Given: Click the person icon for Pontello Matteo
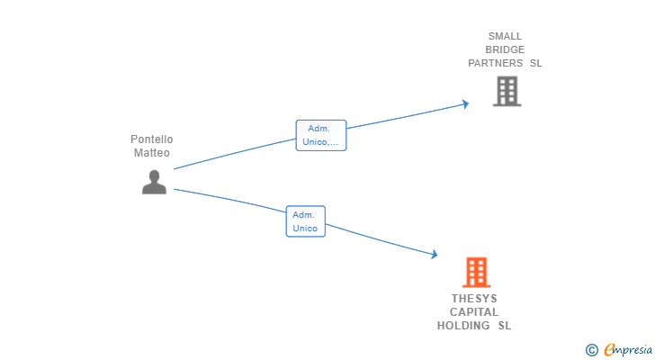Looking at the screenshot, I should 154,182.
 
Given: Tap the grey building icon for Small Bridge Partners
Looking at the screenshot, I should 507,91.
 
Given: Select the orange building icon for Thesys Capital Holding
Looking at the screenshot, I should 476,272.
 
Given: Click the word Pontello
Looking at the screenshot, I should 151,139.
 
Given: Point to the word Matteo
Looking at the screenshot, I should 151,153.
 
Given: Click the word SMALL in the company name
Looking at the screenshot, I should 505,37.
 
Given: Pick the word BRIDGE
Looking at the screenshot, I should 505,50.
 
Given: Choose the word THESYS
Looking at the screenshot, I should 474,299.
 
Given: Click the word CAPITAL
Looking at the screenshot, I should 474,312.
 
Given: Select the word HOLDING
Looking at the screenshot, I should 464,326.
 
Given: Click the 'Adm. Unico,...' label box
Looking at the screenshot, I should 321,135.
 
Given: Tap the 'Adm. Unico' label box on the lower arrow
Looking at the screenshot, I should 305,221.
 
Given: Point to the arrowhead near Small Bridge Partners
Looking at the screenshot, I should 465,103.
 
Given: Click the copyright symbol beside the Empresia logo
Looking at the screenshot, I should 591,349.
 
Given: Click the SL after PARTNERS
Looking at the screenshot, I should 535,64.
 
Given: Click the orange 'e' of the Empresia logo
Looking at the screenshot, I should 609,349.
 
